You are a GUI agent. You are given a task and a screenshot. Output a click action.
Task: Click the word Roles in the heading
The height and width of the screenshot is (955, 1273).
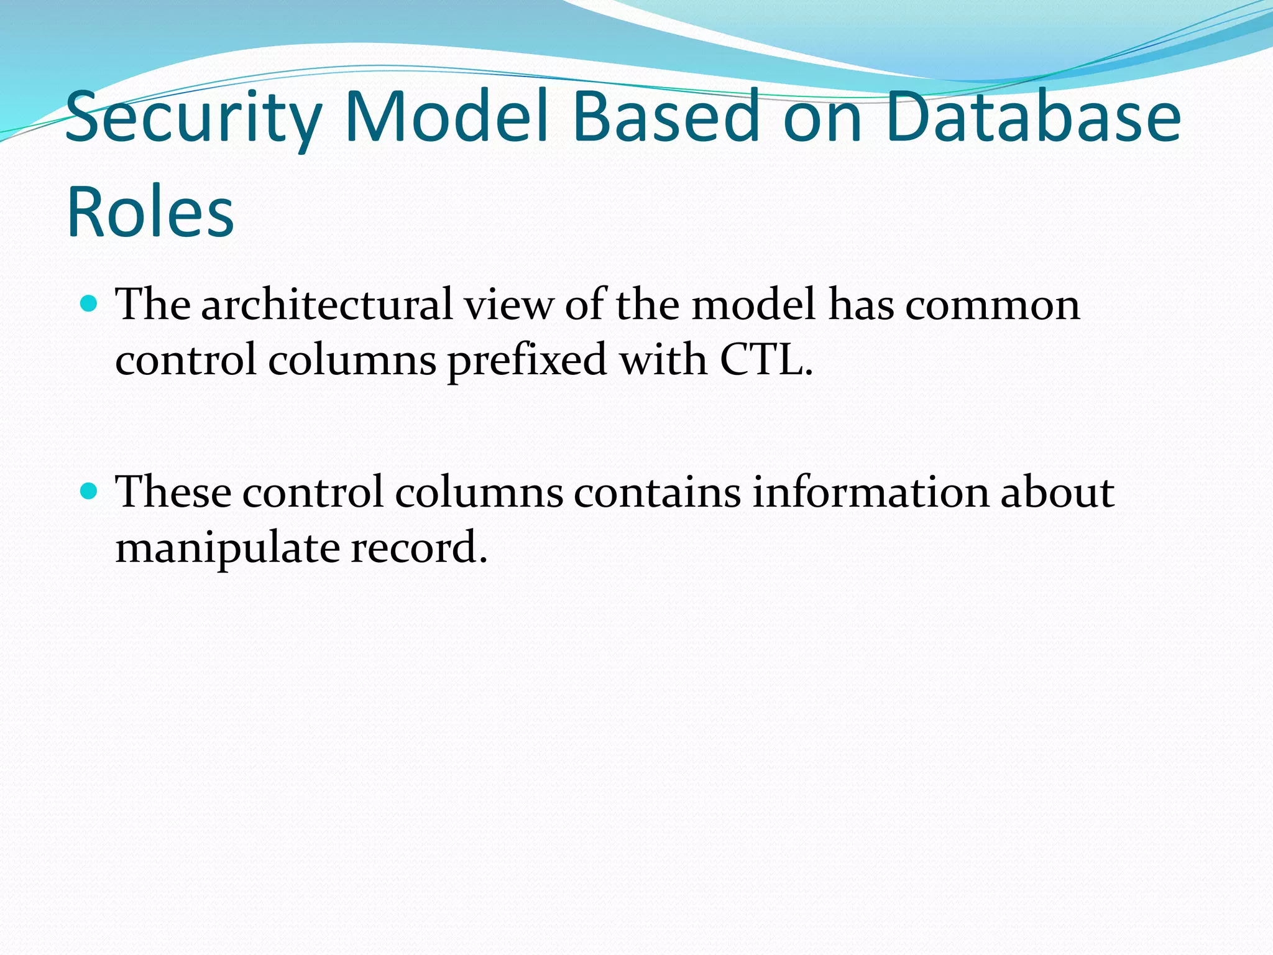pos(150,211)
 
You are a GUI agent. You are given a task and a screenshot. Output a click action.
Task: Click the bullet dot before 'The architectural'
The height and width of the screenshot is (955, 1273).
pos(90,303)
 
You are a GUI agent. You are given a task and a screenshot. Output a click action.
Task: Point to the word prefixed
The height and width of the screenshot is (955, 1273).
pos(527,361)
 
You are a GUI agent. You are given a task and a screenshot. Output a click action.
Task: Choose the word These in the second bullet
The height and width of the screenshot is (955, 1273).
pos(174,492)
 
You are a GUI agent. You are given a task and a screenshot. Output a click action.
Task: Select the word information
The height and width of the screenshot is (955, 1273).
pos(870,492)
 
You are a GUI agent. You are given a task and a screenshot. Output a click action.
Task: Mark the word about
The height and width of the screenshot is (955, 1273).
pos(1057,492)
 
